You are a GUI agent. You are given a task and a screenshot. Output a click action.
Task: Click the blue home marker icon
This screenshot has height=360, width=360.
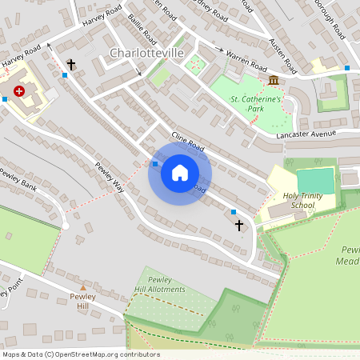179,173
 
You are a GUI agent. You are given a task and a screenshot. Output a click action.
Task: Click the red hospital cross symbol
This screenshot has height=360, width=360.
18,92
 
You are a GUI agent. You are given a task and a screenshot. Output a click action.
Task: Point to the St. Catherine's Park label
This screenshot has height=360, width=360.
256,104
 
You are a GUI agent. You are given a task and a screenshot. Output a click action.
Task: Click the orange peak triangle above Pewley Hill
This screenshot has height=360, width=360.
82,287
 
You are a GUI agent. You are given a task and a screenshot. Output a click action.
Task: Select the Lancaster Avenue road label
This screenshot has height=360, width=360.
306,134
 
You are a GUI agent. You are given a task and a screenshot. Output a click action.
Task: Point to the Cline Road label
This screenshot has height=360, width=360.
188,147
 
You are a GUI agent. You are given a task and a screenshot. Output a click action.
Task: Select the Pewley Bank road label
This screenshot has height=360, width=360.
18,181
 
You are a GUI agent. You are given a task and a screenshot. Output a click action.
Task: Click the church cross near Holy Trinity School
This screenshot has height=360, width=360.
238,226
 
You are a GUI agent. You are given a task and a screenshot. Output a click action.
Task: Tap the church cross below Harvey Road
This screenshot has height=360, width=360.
70,63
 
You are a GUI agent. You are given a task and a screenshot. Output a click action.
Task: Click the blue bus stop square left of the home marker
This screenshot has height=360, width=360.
154,164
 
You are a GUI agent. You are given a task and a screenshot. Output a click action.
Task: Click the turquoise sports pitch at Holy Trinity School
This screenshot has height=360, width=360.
317,180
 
